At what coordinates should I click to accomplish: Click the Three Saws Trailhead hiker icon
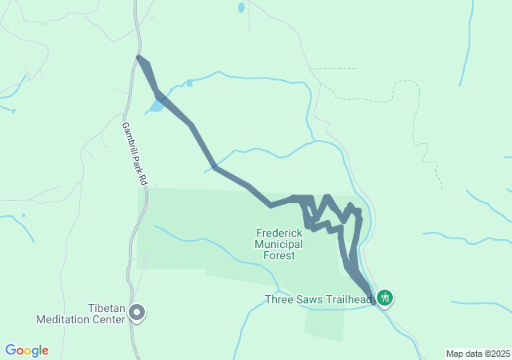tap(386, 299)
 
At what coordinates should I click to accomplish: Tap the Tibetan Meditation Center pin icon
tap(137, 313)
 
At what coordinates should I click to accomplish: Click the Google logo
tap(27, 350)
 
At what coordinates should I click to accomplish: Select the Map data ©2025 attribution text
tap(478, 354)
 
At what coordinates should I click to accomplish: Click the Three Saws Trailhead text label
tap(318, 301)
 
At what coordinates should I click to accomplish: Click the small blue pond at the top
tap(241, 8)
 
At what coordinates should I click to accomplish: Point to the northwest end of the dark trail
tap(139, 58)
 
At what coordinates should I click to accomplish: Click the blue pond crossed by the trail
tap(156, 106)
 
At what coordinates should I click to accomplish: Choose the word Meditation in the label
tap(62, 319)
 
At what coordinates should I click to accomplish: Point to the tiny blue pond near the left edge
tap(23, 214)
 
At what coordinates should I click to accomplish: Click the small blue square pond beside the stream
tap(189, 82)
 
